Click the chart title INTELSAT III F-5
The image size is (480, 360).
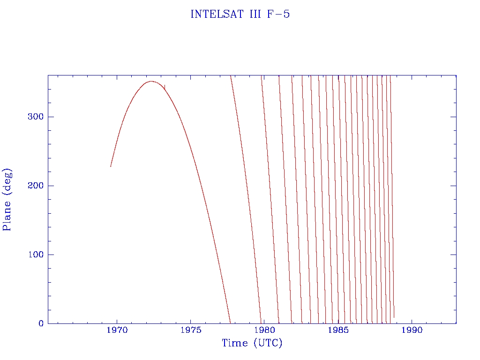(240, 15)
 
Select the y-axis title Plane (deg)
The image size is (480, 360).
(7, 199)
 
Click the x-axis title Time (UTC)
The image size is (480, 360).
(252, 343)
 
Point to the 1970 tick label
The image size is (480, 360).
(117, 330)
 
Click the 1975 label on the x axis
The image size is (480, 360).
(190, 330)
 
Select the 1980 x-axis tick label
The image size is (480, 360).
(264, 330)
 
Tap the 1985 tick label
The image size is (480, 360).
(338, 330)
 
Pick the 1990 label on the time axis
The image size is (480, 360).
(412, 330)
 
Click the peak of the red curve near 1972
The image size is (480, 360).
(151, 81)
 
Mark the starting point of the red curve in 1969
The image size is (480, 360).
(111, 166)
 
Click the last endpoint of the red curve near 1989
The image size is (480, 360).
(394, 317)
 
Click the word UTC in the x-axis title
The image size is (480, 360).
(268, 343)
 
